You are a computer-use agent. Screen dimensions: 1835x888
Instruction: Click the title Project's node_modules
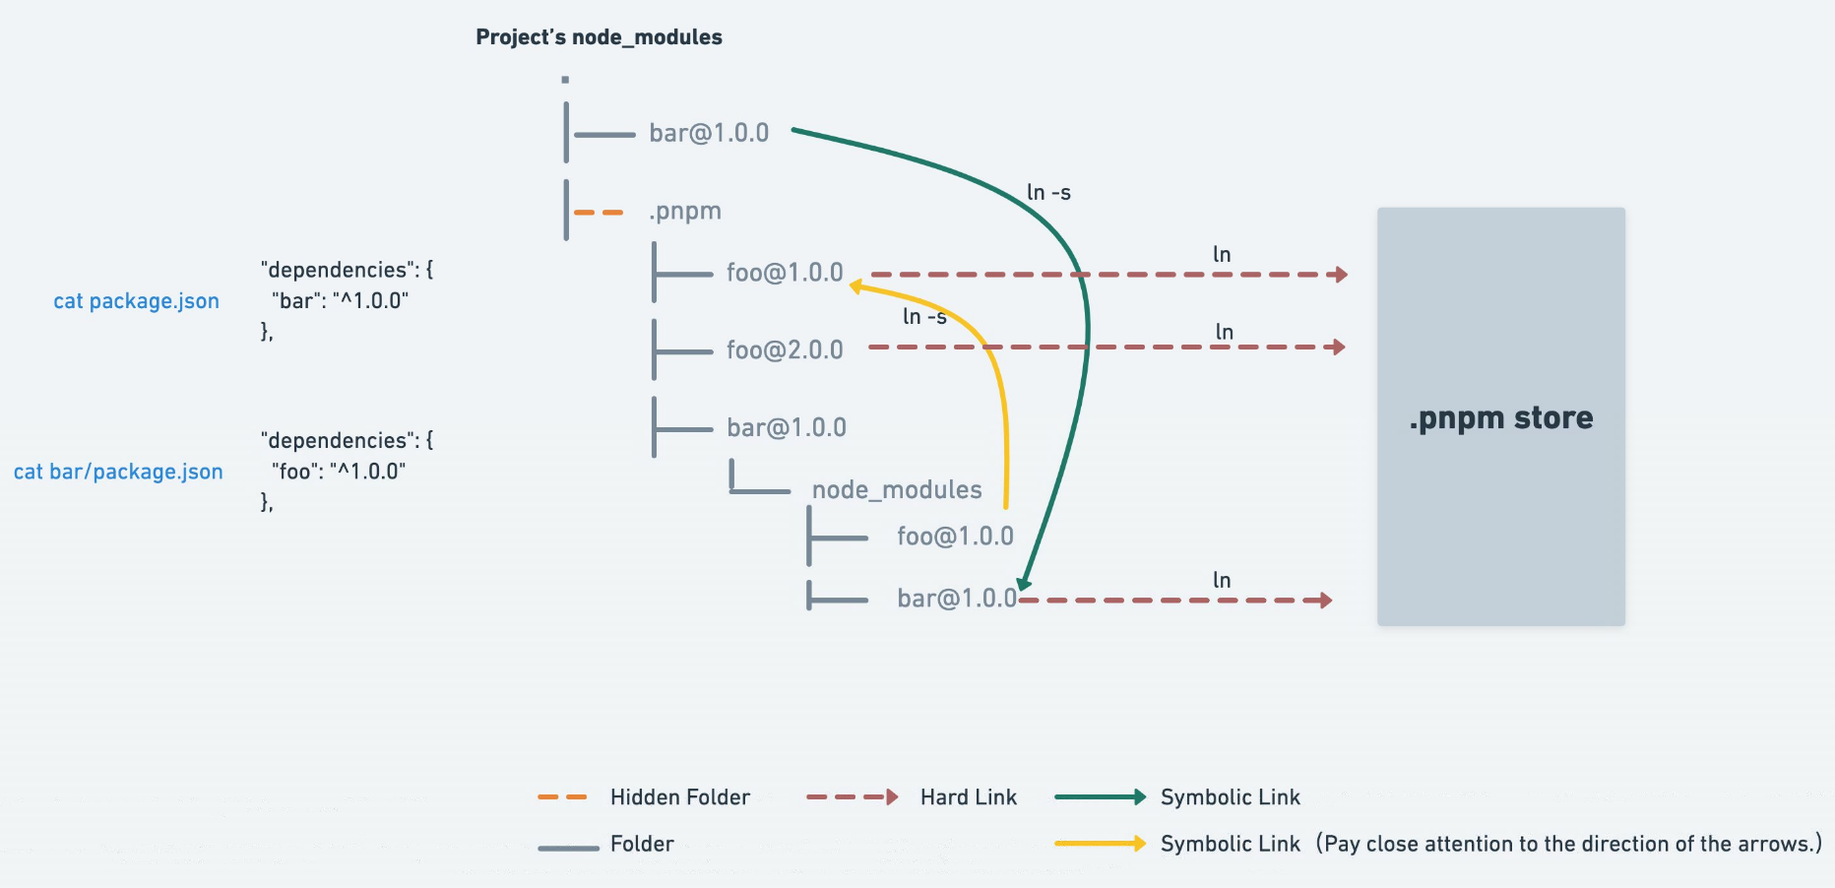pos(599,37)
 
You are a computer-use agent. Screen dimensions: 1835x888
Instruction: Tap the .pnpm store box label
pos(1500,418)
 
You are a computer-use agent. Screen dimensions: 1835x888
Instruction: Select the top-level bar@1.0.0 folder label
pos(709,133)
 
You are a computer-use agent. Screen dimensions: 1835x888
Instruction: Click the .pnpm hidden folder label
pos(685,212)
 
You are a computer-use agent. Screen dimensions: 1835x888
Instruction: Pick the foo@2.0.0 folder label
pos(785,349)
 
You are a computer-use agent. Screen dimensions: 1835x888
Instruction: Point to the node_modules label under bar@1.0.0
pos(897,489)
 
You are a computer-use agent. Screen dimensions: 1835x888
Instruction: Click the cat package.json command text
pos(136,301)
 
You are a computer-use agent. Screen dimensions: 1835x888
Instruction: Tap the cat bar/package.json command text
pos(118,472)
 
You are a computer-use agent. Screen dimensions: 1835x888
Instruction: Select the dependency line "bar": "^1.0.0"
pos(340,300)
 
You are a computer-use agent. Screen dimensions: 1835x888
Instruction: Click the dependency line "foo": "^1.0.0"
pos(339,471)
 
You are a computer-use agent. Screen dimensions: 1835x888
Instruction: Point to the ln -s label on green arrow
pos(1048,192)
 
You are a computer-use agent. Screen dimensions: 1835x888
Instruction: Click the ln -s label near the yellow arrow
pos(924,316)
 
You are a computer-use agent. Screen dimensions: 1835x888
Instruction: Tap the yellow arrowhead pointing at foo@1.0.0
pos(856,286)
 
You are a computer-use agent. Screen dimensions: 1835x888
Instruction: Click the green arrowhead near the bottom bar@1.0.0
pos(1024,583)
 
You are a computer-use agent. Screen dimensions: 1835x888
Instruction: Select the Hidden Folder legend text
pos(680,797)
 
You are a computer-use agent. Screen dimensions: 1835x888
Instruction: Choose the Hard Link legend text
pos(969,797)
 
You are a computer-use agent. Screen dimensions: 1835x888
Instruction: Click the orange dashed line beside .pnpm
pos(599,213)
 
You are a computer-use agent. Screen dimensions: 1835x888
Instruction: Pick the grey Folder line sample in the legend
pos(568,848)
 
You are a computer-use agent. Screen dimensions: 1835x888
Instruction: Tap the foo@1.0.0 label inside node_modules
pos(955,537)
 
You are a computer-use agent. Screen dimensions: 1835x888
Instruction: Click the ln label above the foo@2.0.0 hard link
pos(1225,332)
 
